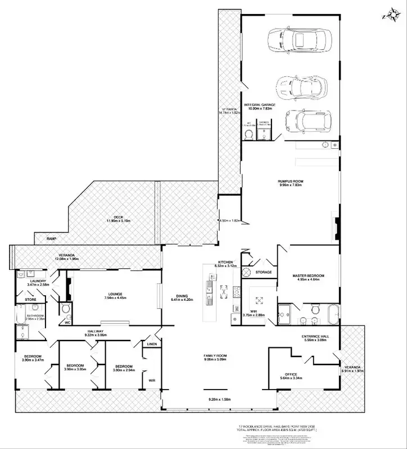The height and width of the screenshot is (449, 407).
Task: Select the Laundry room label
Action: [38, 282]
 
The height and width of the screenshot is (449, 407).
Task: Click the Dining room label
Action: [182, 297]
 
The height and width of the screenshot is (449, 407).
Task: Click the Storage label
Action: [263, 272]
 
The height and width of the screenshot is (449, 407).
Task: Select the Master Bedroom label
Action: [308, 276]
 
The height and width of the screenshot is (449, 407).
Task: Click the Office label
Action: [291, 375]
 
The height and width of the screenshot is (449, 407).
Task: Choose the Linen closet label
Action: [151, 344]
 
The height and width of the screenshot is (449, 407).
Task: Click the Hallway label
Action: [95, 332]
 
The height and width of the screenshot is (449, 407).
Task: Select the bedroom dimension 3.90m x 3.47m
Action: [32, 360]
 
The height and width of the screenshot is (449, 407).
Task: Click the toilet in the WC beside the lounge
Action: [66, 309]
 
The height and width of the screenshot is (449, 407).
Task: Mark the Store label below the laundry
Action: [30, 300]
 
